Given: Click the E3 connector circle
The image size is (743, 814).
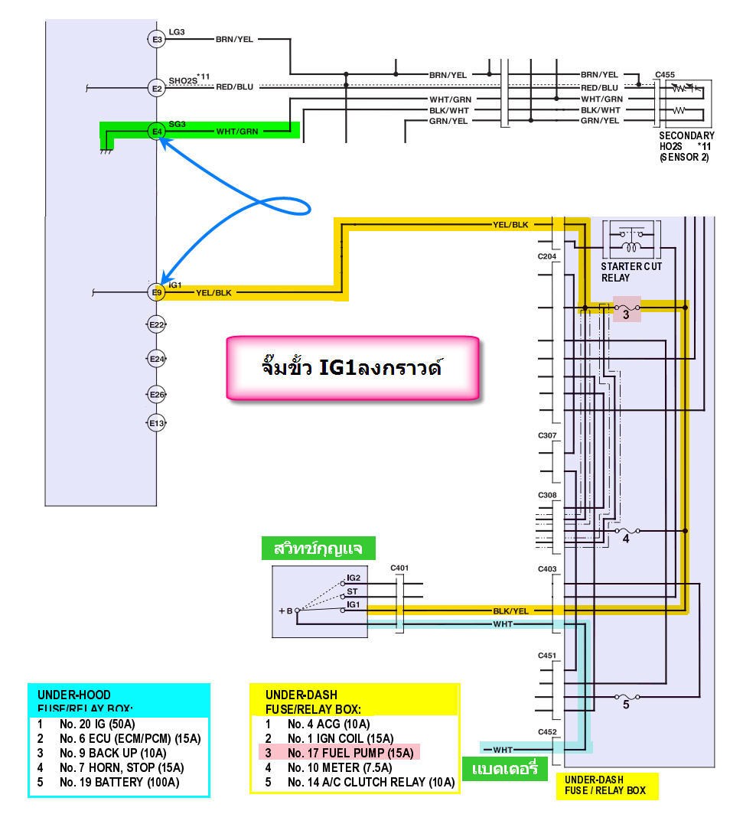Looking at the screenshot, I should tap(157, 39).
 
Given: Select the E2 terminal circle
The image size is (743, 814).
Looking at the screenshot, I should tap(157, 90).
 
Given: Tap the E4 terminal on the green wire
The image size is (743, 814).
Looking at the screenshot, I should tap(157, 132).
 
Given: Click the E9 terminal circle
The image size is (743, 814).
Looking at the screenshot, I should tap(157, 292).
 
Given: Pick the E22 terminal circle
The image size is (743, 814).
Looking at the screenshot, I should tap(157, 325).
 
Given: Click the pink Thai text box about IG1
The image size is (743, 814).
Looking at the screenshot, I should tap(353, 367).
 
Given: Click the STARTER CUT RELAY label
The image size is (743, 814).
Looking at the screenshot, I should tap(631, 272).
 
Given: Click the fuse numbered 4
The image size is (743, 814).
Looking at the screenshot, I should tap(626, 532).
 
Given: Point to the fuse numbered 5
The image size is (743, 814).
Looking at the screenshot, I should tap(626, 698).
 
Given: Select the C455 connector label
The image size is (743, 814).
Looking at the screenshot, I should tap(665, 75).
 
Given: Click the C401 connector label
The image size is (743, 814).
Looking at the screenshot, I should tap(399, 568).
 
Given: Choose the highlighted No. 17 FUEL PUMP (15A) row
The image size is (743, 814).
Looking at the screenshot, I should tap(341, 753).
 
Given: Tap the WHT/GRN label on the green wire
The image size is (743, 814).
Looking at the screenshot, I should tap(237, 132).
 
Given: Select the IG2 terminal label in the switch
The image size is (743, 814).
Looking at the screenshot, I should tap(354, 578).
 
